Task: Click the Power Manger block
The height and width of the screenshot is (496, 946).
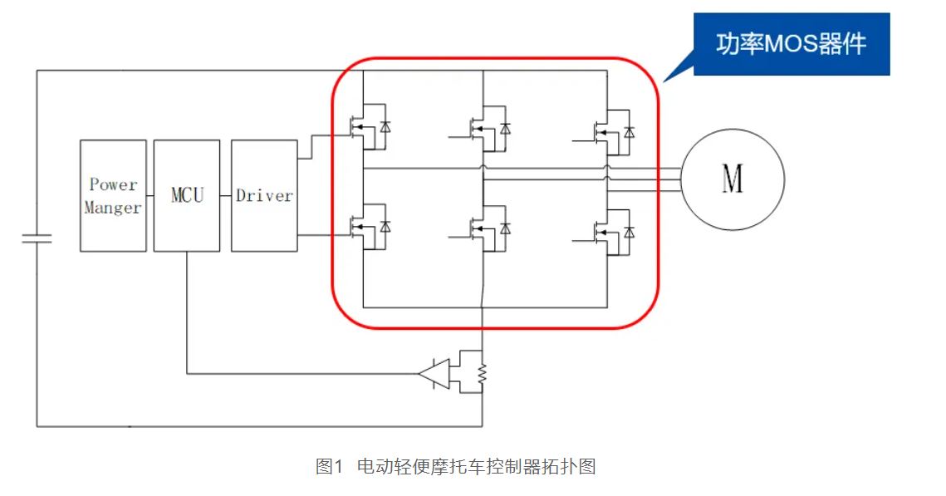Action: tap(113, 196)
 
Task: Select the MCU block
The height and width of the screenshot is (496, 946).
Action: tap(187, 196)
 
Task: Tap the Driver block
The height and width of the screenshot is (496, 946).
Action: tap(264, 196)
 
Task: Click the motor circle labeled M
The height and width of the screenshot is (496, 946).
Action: tap(732, 180)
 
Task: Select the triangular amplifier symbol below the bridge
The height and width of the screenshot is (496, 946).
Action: tap(434, 374)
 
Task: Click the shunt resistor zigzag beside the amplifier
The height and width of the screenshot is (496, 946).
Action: tap(483, 376)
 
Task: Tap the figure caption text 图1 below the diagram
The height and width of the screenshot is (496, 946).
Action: tap(329, 466)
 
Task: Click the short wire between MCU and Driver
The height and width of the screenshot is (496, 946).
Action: tap(225, 196)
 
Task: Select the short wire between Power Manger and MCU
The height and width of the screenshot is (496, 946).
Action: tap(149, 196)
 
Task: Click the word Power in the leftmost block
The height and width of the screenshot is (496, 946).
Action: tap(113, 184)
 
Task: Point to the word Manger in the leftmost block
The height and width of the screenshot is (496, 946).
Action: tap(113, 208)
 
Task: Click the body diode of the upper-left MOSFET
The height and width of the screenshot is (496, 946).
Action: tap(385, 127)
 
